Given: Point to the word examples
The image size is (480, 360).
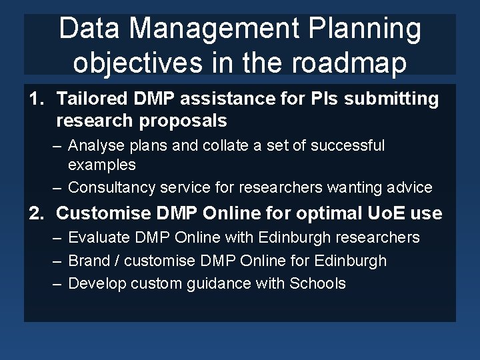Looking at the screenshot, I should pyautogui.click(x=101, y=165).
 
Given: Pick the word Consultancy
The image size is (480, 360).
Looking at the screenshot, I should pyautogui.click(x=111, y=187).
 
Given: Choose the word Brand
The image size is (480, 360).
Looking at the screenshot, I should pyautogui.click(x=88, y=261).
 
